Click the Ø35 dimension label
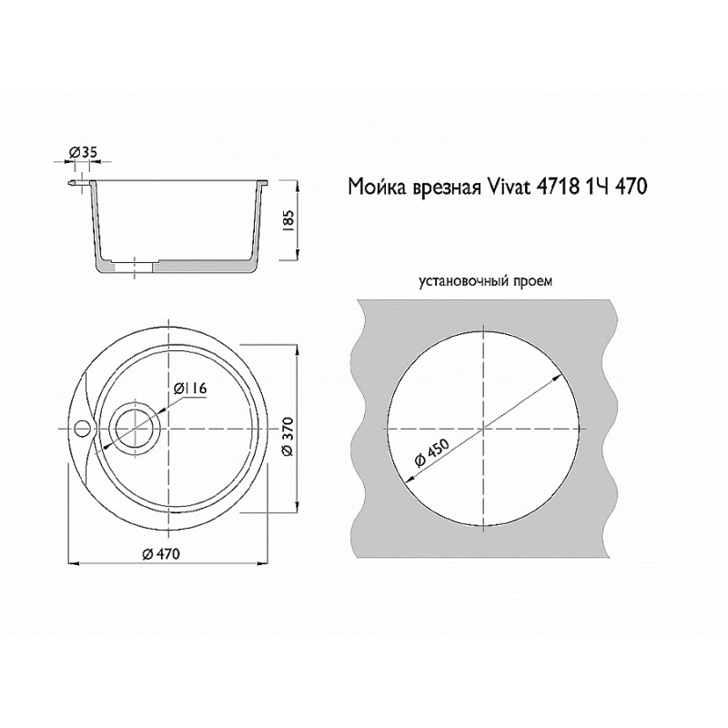[84, 153]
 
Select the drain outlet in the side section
[137, 267]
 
